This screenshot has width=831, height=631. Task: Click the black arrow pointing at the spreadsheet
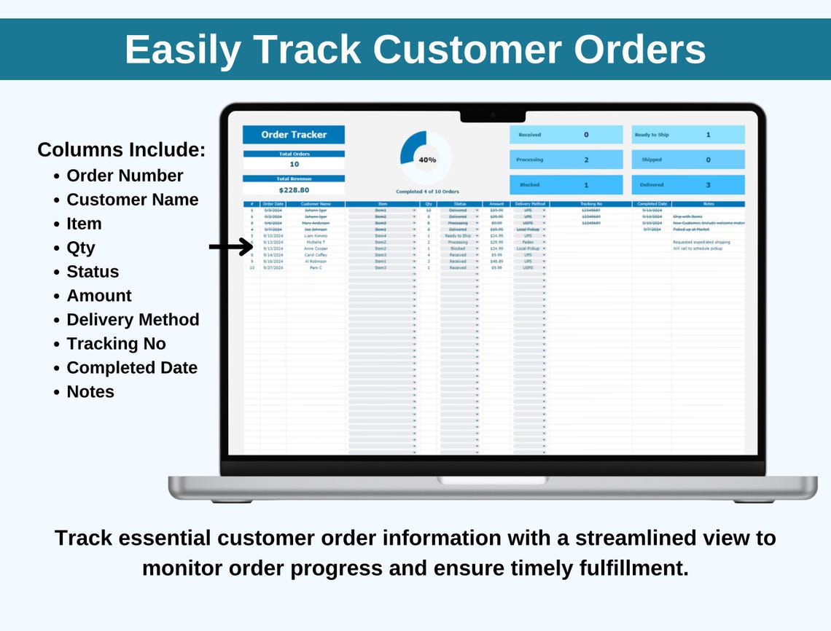tap(230, 248)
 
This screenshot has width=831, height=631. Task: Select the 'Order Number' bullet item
tap(125, 176)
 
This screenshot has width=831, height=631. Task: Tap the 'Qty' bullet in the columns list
tap(81, 248)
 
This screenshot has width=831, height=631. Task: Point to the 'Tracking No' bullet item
tap(116, 344)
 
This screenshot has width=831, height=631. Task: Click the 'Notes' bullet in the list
tap(90, 392)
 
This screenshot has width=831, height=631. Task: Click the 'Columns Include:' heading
tap(121, 150)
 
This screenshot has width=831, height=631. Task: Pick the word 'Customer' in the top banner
tap(467, 50)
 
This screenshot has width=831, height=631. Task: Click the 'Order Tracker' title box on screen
tap(294, 135)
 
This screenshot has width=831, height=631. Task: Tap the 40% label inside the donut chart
tap(427, 160)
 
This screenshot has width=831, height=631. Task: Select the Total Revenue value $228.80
tap(294, 190)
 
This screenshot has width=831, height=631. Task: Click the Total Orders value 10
tap(294, 165)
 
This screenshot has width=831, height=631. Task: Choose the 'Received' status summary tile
tap(566, 135)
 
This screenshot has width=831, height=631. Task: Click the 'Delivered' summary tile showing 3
tap(688, 185)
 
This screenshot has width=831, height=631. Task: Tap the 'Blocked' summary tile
tap(566, 185)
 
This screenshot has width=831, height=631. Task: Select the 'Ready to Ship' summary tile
tap(688, 135)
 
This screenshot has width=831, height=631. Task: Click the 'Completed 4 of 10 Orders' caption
tap(427, 192)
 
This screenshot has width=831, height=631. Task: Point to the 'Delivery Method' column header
tap(530, 204)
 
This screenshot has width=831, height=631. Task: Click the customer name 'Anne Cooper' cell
tap(316, 248)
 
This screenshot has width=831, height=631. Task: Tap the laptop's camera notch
tap(493, 115)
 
